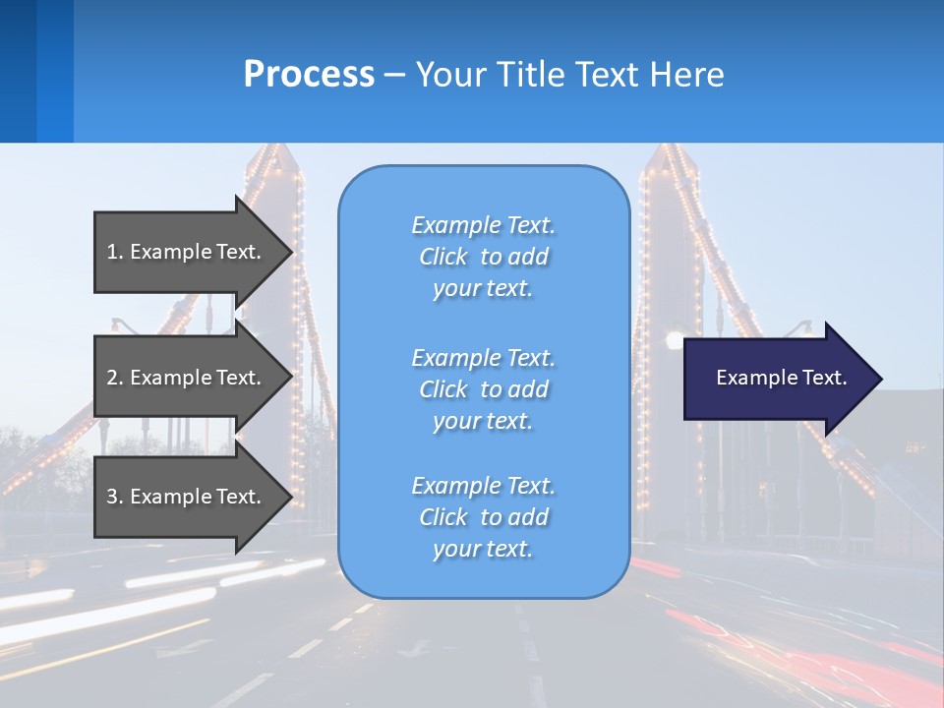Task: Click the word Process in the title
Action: pos(309,75)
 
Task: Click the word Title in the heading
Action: pos(533,75)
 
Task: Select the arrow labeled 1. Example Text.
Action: pos(187,252)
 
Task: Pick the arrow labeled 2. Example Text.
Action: pos(187,378)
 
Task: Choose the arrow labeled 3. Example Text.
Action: pos(187,497)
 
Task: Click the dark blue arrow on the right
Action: pos(777,378)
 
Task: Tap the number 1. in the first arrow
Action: pos(115,252)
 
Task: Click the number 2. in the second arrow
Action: pos(115,378)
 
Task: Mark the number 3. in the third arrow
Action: pos(115,497)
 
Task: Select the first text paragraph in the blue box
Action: pos(484,257)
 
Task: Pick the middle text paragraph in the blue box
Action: pos(484,389)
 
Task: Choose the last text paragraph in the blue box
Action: pos(484,517)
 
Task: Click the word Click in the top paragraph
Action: pos(443,257)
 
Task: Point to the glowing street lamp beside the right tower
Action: pos(674,341)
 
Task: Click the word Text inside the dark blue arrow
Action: pos(825,378)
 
